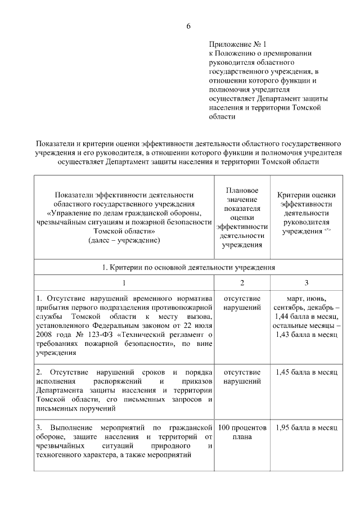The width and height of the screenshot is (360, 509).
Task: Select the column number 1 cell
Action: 124,283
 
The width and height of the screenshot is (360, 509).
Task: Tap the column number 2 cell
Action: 242,283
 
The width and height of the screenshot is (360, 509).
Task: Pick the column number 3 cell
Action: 306,283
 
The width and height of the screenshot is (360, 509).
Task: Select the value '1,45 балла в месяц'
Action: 306,373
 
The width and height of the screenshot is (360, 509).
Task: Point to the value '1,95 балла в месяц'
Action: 306,428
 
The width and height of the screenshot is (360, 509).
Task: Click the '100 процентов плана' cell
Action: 242,432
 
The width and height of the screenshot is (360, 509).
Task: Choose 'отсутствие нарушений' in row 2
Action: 242,377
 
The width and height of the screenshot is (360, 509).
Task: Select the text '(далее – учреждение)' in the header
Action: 124,240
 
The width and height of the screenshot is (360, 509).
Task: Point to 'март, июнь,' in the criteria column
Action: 306,298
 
